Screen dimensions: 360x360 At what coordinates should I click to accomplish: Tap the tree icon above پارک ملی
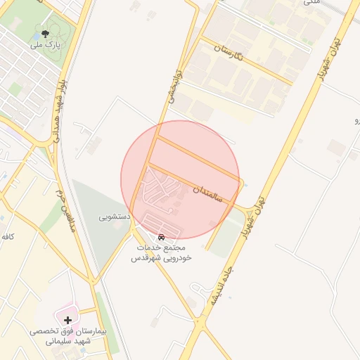[x=46, y=33]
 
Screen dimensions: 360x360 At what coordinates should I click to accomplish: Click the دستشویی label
[x=113, y=218]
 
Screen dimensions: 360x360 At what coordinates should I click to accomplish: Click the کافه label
[x=7, y=237]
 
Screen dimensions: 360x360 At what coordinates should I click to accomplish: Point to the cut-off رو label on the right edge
[x=356, y=120]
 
